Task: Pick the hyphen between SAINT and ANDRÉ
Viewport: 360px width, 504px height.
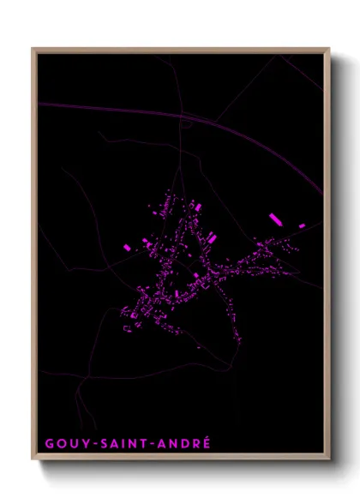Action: point(153,444)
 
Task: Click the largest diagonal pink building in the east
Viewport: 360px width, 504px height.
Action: point(276,219)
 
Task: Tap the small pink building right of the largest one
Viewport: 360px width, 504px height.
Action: point(302,225)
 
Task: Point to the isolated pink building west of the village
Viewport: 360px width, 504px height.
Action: point(127,247)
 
